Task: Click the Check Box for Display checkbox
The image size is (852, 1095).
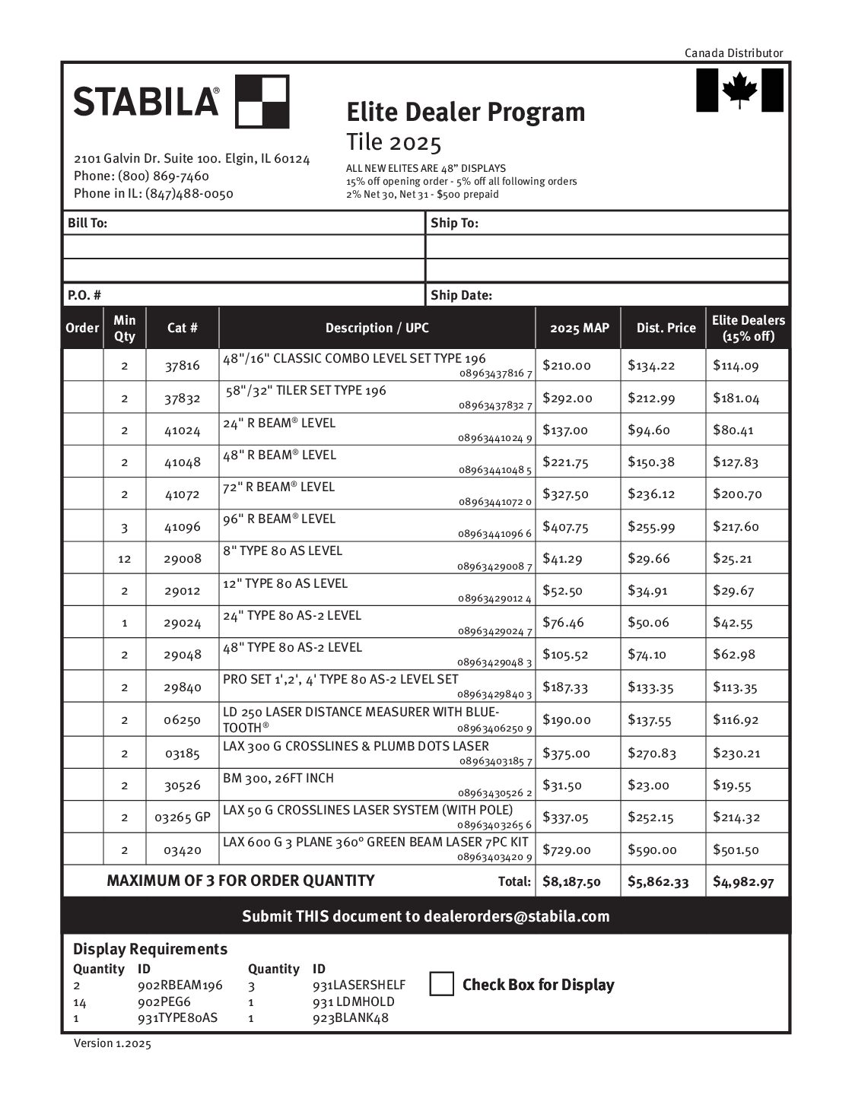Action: click(x=441, y=984)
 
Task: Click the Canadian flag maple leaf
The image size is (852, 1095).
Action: click(x=739, y=90)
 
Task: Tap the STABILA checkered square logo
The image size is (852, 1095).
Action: click(x=262, y=101)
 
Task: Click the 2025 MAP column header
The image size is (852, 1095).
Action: click(x=579, y=328)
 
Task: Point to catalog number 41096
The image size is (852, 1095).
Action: click(x=183, y=526)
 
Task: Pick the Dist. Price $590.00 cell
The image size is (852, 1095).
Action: click(x=652, y=850)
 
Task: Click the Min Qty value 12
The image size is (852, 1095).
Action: click(x=124, y=559)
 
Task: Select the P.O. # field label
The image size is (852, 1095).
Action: click(x=84, y=295)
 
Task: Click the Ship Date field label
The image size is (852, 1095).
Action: click(x=461, y=295)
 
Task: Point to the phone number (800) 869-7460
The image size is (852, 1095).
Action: click(x=164, y=176)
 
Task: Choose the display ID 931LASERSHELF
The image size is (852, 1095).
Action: click(x=358, y=985)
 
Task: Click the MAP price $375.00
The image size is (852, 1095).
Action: click(x=566, y=754)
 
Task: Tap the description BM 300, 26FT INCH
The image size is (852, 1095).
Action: click(x=278, y=778)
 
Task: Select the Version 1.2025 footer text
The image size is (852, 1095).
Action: click(x=112, y=1044)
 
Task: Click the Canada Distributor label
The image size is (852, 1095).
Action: click(x=733, y=53)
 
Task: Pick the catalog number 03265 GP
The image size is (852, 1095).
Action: click(x=183, y=818)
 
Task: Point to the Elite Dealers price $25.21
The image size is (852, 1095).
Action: click(x=732, y=559)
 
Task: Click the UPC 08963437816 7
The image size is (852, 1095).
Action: click(x=495, y=374)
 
